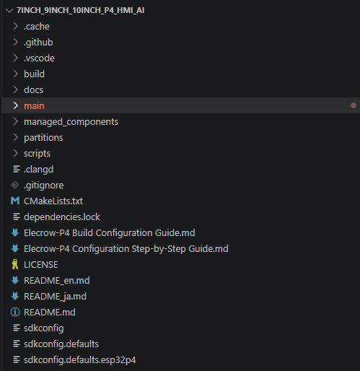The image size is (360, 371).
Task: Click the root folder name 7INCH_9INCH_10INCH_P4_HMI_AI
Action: click(x=80, y=10)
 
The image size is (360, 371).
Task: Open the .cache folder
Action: click(x=37, y=26)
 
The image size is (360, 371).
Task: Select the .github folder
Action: click(x=38, y=43)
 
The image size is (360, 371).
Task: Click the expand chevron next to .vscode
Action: click(x=16, y=58)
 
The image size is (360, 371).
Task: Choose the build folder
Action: click(x=34, y=74)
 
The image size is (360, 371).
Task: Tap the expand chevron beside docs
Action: click(x=16, y=90)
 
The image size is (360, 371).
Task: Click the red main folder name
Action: click(x=34, y=106)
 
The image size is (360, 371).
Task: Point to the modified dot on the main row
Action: click(x=354, y=105)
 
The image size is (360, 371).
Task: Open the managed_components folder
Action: click(x=71, y=122)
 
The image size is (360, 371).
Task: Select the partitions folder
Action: click(x=43, y=138)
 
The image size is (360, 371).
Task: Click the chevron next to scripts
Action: click(x=16, y=153)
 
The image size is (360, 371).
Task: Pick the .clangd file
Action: click(x=38, y=170)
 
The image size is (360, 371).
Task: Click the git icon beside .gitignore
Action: click(x=15, y=185)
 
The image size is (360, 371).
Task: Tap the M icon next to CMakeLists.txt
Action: click(x=15, y=201)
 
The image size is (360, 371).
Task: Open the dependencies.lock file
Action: click(x=62, y=217)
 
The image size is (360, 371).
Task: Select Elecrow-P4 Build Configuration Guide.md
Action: click(x=110, y=233)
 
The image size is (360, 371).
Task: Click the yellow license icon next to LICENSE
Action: click(x=15, y=264)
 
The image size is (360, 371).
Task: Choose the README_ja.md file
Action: click(x=55, y=297)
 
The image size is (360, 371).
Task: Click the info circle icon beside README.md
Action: click(x=15, y=312)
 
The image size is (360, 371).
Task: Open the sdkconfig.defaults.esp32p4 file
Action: click(x=80, y=360)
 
